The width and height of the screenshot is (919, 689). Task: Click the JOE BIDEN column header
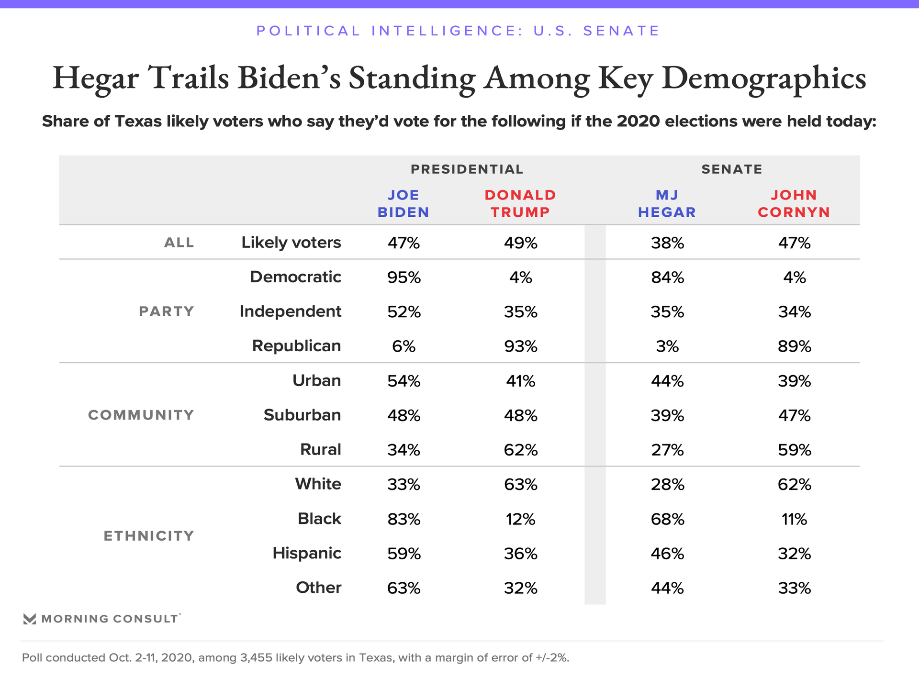pyautogui.click(x=403, y=203)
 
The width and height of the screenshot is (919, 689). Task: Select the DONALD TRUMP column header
pyautogui.click(x=520, y=203)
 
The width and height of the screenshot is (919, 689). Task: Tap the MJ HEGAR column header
pyautogui.click(x=667, y=203)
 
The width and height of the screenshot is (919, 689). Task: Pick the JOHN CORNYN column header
pyautogui.click(x=794, y=203)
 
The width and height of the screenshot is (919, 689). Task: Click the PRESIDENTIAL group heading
pyautogui.click(x=467, y=169)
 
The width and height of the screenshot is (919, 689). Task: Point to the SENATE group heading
pyautogui.click(x=731, y=169)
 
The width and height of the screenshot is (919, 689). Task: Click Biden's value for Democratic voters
pyautogui.click(x=403, y=278)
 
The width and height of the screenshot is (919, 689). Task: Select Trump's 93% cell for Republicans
pyautogui.click(x=520, y=346)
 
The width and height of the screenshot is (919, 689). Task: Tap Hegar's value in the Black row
pyautogui.click(x=667, y=519)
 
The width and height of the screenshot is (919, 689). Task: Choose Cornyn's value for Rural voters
pyautogui.click(x=794, y=450)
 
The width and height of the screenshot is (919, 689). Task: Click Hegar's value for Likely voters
pyautogui.click(x=667, y=243)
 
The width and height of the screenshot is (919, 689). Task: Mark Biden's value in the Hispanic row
pyautogui.click(x=403, y=554)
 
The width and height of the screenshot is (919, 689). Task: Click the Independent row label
pyautogui.click(x=290, y=311)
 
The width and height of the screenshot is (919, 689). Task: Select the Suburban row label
pyautogui.click(x=302, y=415)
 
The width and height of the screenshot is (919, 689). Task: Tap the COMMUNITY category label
pyautogui.click(x=141, y=415)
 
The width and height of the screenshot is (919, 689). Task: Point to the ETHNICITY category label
pyautogui.click(x=149, y=536)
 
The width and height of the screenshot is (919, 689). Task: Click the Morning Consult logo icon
pyautogui.click(x=30, y=619)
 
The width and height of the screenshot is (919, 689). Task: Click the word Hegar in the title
pyautogui.click(x=96, y=78)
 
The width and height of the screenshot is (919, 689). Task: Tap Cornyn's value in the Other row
pyautogui.click(x=794, y=588)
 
